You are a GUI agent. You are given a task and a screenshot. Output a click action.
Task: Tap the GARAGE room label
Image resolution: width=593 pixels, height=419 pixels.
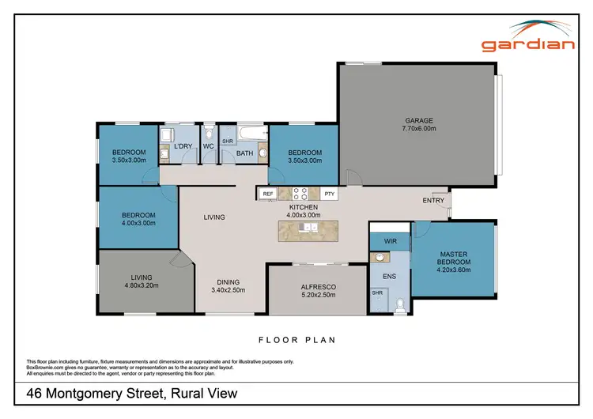click(x=417, y=121)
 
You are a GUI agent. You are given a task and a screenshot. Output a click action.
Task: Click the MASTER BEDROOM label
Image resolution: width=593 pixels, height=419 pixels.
click(x=454, y=258)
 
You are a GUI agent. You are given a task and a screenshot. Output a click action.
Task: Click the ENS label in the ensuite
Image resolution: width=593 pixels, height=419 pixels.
click(x=389, y=277)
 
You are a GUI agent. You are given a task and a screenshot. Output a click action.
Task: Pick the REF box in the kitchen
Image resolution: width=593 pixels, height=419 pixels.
click(x=267, y=193)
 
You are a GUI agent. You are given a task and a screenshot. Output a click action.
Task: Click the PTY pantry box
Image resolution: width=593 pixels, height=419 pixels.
click(x=329, y=193)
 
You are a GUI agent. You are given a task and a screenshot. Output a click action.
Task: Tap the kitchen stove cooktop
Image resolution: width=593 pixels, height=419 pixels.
click(x=300, y=192)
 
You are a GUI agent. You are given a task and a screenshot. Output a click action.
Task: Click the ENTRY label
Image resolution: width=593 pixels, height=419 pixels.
click(x=433, y=200)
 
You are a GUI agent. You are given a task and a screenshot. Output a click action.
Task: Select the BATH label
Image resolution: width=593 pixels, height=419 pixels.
click(x=244, y=153)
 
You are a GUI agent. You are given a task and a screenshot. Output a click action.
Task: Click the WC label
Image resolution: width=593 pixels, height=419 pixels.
click(x=209, y=147)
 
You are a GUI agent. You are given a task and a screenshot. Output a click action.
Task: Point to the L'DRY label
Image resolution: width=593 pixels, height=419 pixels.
click(x=183, y=147)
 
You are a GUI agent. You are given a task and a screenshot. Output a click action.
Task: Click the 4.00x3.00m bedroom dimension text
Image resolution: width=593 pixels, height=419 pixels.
click(x=138, y=223)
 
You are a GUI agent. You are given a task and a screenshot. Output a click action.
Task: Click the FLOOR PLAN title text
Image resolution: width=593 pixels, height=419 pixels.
click(x=297, y=341)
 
